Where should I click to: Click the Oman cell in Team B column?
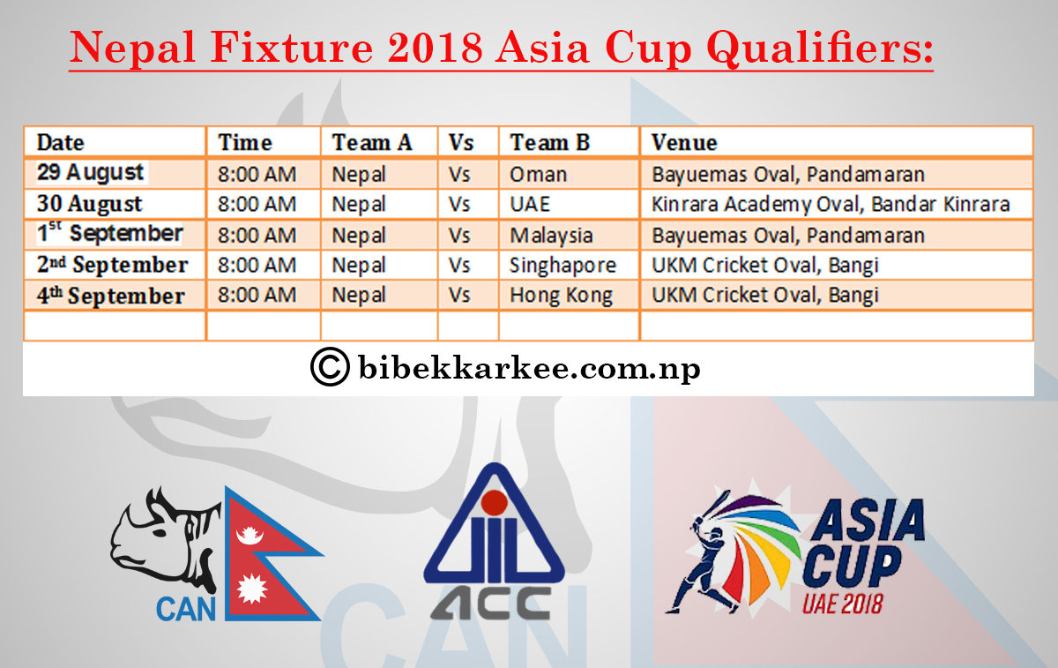pos(538,174)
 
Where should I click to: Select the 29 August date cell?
pos(90,172)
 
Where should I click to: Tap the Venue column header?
pos(684,142)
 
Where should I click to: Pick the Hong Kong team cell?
pos(561,295)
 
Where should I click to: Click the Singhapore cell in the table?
pos(563,265)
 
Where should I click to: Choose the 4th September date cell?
pos(110,295)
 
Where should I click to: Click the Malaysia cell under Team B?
pos(551,236)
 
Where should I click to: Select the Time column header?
pos(245,142)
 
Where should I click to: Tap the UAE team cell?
pos(530,204)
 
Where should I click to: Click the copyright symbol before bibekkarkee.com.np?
pos(330,366)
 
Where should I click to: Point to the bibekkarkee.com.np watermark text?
pos(529,367)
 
